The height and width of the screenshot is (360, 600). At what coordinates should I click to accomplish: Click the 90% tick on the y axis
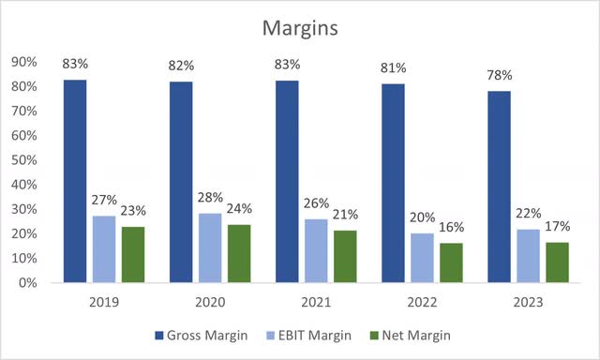pyautogui.click(x=23, y=63)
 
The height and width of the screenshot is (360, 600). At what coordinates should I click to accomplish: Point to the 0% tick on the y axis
pyautogui.click(x=27, y=282)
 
